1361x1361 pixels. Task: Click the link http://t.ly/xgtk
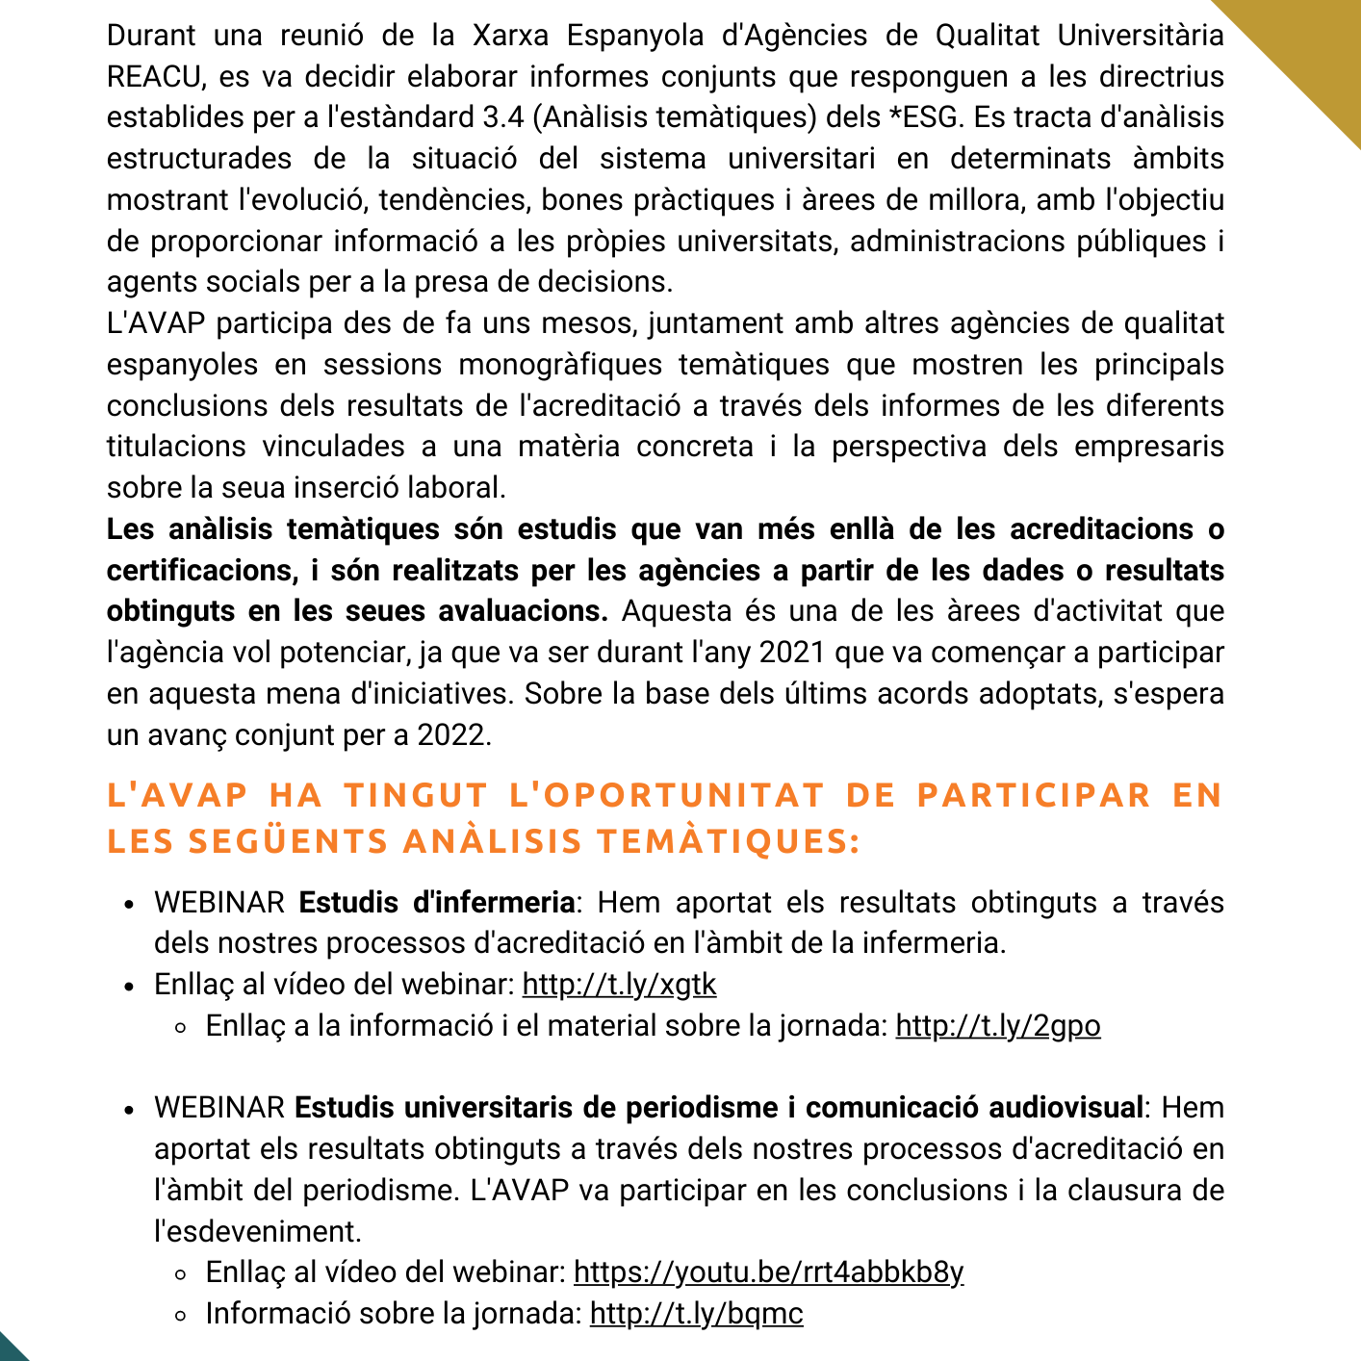coord(619,985)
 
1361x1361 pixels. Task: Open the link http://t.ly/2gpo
coord(997,1026)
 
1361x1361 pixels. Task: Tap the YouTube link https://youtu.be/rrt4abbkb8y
coord(768,1272)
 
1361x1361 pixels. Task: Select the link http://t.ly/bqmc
coord(696,1314)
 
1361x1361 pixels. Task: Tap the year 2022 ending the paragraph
coord(453,735)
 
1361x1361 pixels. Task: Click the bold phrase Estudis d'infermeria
coord(437,903)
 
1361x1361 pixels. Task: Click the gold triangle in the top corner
coord(1309,48)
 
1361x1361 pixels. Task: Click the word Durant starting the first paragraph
coord(151,36)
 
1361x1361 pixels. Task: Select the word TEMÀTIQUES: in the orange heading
coord(728,841)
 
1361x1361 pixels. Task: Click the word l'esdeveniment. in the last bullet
coord(257,1232)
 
